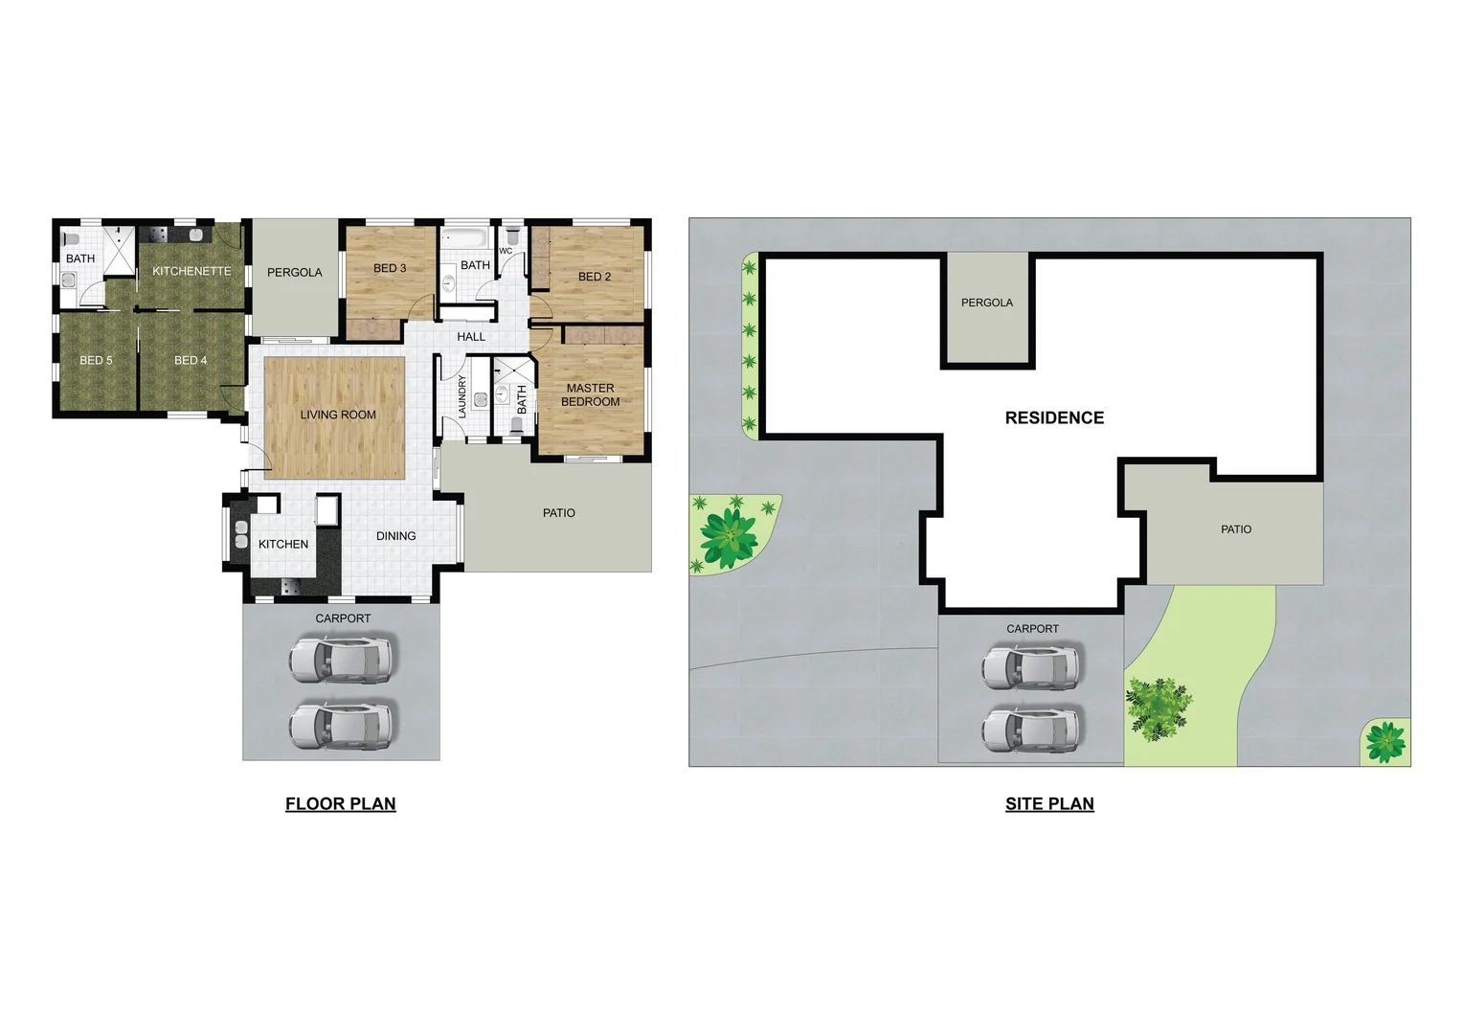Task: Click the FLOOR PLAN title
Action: coord(340,804)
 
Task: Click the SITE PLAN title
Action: coord(1049,804)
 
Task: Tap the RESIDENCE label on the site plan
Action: coord(1054,417)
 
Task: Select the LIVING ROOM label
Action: coord(338,415)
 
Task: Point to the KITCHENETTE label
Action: coord(191,271)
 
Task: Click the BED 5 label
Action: coord(96,360)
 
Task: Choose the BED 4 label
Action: coord(191,360)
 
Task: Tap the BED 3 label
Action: coord(390,268)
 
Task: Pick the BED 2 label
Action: coord(595,277)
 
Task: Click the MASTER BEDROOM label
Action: coord(590,394)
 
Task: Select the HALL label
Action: coord(471,337)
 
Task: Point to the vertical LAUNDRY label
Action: coord(461,396)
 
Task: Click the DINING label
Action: coord(396,536)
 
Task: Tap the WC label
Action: coord(506,251)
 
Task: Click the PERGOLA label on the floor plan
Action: coord(295,273)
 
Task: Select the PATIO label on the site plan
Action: coord(1236,529)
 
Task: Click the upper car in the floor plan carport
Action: coord(341,659)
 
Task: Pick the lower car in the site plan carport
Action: coord(1032,729)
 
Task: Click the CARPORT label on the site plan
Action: coord(1032,629)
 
